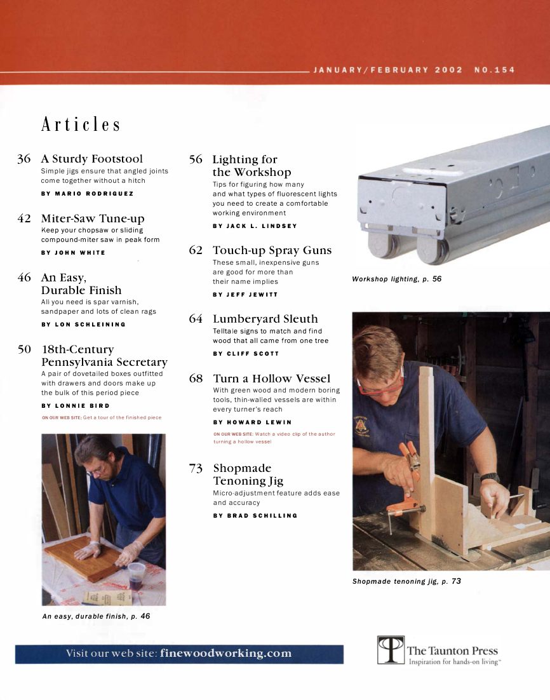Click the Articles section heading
(81, 124)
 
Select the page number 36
(24, 159)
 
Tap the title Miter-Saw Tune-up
(93, 219)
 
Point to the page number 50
(24, 349)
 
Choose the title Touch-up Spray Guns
(272, 250)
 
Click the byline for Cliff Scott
(245, 353)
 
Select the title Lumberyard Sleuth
(265, 319)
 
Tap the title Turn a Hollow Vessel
(271, 379)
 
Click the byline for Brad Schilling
(255, 515)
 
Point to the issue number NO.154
(494, 70)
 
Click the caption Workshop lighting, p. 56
(396, 279)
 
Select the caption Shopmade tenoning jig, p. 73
(406, 581)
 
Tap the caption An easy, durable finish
(96, 616)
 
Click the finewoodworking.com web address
(225, 654)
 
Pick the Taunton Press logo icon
(391, 650)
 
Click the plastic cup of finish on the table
(136, 575)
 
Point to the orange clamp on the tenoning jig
(406, 483)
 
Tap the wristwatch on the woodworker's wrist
(490, 477)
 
